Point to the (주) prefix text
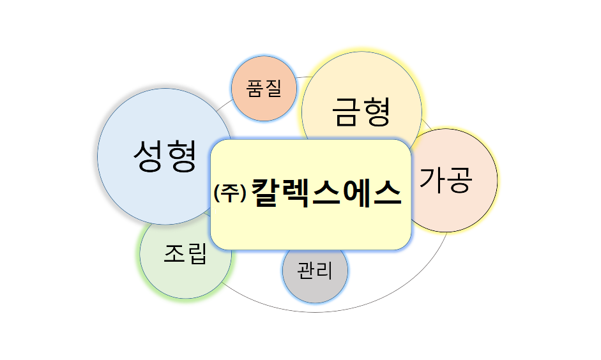230,193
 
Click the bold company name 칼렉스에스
326,191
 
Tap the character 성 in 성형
148,156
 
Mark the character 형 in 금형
377,112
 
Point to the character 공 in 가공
460,181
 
